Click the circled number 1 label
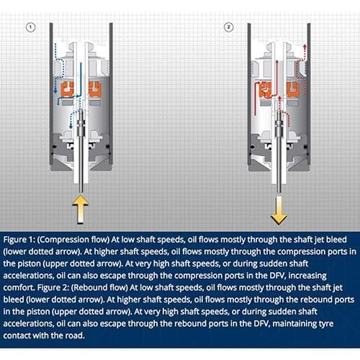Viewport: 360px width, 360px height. [x=30, y=27]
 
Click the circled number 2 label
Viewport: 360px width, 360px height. [x=228, y=27]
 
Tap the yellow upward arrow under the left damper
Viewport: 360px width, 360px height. [x=81, y=210]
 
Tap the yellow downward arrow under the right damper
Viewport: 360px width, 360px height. [x=279, y=210]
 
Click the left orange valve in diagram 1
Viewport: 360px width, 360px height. [x=68, y=89]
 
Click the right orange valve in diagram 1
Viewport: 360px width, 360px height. [x=95, y=89]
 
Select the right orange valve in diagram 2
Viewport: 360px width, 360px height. [x=293, y=89]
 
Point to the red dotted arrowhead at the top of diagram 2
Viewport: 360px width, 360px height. [x=305, y=46]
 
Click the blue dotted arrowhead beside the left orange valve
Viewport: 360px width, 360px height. [x=55, y=91]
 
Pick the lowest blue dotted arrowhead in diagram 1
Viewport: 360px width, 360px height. [x=71, y=126]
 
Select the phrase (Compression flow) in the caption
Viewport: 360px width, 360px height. [x=73, y=240]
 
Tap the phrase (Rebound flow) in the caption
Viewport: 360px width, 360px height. [x=99, y=287]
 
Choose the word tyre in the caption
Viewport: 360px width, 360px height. [x=326, y=324]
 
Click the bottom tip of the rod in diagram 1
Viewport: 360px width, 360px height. [x=81, y=192]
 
